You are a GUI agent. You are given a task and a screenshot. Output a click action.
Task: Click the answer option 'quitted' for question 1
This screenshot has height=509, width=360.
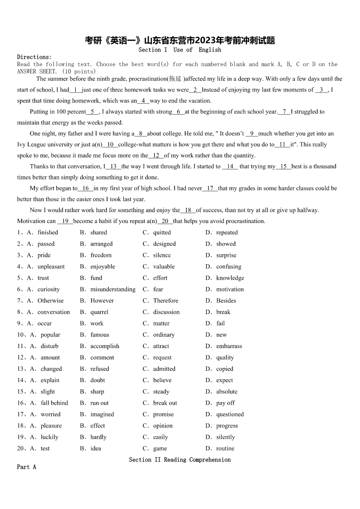(162, 233)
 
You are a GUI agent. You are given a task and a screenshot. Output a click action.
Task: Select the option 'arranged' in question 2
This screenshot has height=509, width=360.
(102, 244)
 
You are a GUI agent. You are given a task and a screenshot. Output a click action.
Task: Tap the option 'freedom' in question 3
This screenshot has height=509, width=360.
(101, 255)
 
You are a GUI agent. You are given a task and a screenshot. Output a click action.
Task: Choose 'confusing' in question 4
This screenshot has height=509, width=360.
(229, 267)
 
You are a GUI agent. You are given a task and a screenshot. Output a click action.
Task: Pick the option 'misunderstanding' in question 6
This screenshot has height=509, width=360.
(113, 289)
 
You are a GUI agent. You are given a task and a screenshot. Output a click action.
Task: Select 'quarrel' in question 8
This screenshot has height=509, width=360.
(99, 312)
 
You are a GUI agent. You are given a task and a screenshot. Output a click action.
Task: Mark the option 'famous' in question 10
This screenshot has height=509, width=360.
(100, 335)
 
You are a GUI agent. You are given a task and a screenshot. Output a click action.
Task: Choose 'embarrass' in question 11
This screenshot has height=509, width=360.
(229, 346)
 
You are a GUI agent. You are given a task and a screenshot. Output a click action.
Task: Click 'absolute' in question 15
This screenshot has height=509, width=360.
(227, 392)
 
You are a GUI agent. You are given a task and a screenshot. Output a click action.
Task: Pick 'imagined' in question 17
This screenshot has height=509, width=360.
(102, 414)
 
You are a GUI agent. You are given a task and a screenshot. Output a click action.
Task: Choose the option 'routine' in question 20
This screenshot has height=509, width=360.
(225, 448)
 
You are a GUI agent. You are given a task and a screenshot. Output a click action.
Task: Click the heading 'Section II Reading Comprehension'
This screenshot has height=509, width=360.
(180, 460)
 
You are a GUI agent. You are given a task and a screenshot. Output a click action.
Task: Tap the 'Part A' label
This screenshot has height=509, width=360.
(26, 467)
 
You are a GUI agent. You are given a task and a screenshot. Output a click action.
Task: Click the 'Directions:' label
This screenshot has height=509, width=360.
(34, 57)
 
